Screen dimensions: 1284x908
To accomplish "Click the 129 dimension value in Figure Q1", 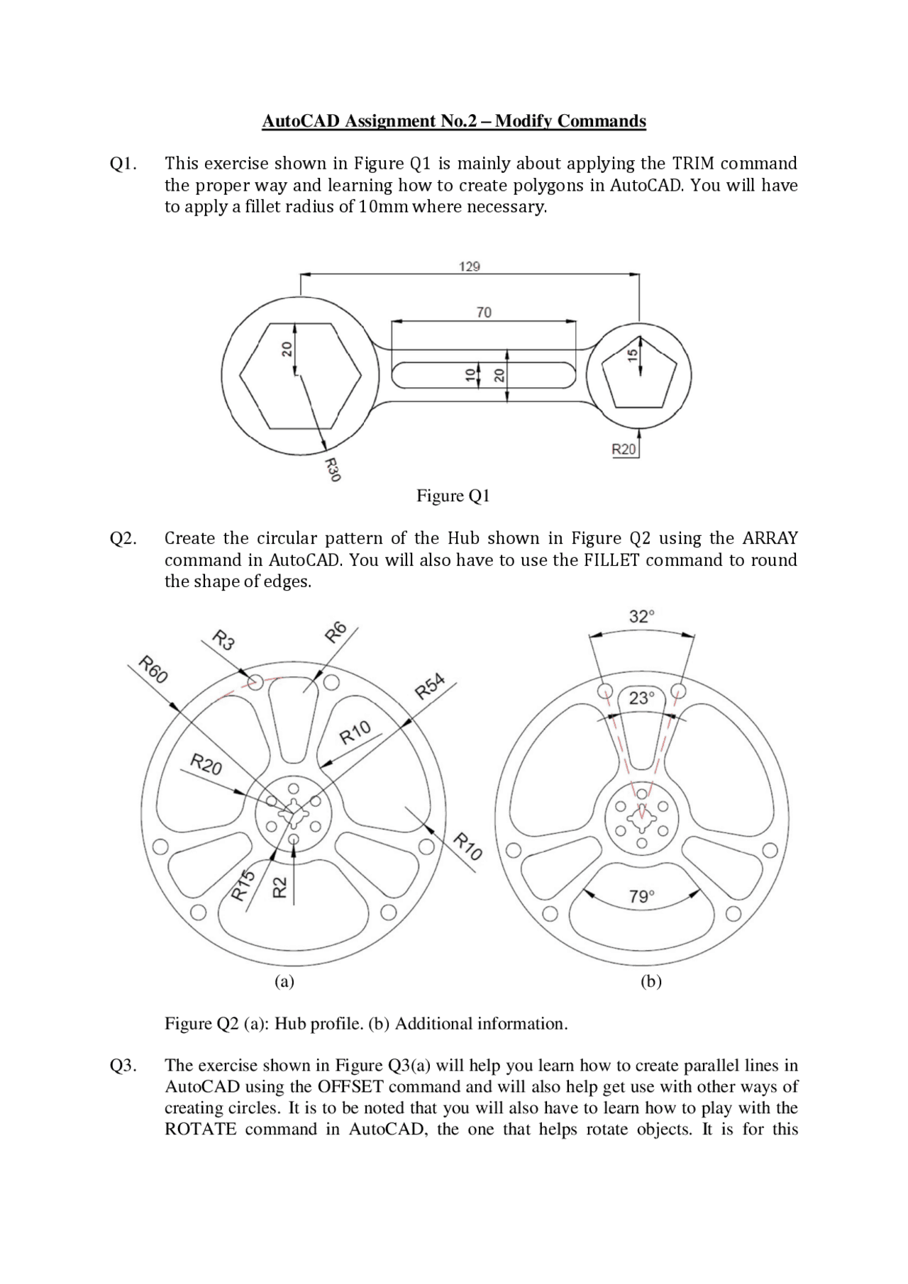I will pyautogui.click(x=470, y=267).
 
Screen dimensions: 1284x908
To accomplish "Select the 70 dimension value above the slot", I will pyautogui.click(x=484, y=312).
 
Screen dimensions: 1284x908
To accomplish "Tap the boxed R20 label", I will pyautogui.click(x=624, y=450).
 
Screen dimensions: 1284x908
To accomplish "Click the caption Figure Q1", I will pyautogui.click(x=453, y=496).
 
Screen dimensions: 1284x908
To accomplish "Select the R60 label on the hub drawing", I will pyautogui.click(x=153, y=670).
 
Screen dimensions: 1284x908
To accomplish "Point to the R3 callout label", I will pyautogui.click(x=224, y=642).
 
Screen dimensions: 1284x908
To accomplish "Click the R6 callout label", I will pyautogui.click(x=336, y=631).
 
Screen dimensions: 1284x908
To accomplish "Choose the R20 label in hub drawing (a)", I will pyautogui.click(x=206, y=766).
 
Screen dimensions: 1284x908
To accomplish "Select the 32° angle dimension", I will pyautogui.click(x=642, y=616).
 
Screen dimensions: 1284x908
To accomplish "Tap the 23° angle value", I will pyautogui.click(x=641, y=698).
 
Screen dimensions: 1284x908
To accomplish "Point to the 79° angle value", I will pyautogui.click(x=642, y=897).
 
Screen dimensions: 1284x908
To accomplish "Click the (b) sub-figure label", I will pyautogui.click(x=650, y=981).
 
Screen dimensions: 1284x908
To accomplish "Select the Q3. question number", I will pyautogui.click(x=123, y=1066).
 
